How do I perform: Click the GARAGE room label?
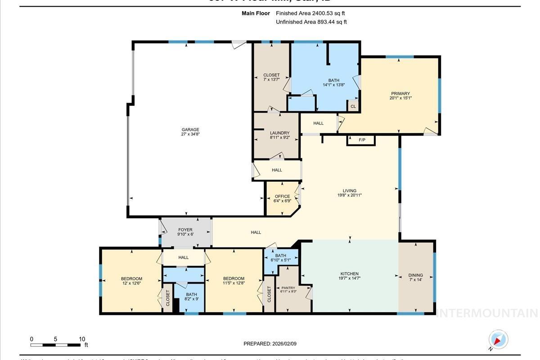coord(190,130)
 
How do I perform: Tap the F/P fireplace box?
coord(361,140)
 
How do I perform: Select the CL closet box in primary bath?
coord(353,107)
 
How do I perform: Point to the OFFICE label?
coord(282,196)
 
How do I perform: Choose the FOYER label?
coord(185,230)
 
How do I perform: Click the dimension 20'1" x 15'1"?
coord(400,98)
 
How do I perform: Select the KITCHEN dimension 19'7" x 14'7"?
coord(349,279)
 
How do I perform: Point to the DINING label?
coord(415,275)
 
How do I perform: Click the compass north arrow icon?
coord(498,340)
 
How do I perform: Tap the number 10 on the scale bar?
coord(82,339)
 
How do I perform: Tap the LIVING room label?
coord(349,190)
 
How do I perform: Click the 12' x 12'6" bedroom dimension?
coord(131,284)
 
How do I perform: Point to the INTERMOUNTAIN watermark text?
coord(487,313)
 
